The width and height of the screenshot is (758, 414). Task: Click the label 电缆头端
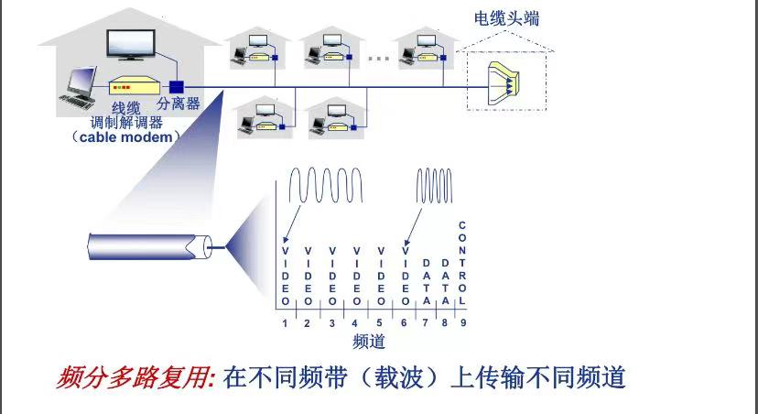tap(506, 18)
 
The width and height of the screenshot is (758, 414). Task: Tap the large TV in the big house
tap(131, 45)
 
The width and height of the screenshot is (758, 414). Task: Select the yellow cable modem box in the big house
tap(135, 86)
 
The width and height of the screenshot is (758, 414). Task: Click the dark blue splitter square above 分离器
tap(177, 87)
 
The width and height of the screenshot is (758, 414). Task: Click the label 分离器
tap(179, 103)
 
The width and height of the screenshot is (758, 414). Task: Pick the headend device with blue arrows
tap(504, 82)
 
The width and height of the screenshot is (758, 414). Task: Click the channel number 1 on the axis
tap(285, 323)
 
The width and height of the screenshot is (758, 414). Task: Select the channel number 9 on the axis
tap(463, 323)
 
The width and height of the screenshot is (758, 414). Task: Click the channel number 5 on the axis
tap(380, 323)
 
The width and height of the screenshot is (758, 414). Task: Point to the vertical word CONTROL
tap(462, 263)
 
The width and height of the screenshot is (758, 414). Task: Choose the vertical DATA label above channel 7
tap(426, 282)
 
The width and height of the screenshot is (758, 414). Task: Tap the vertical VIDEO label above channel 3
tap(332, 277)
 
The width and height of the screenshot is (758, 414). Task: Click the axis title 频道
tap(369, 342)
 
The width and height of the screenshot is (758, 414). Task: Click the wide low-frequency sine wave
tap(325, 185)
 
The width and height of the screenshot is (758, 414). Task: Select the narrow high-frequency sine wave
tap(434, 186)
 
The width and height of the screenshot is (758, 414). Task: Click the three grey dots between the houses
tap(379, 59)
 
